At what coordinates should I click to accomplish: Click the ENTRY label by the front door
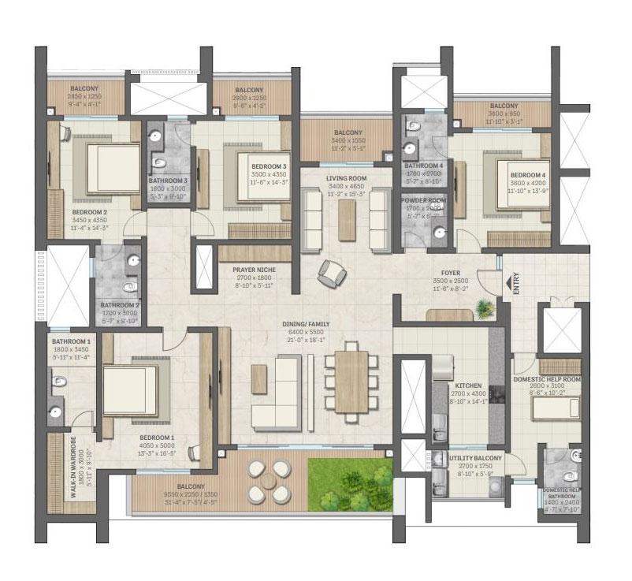[517, 285]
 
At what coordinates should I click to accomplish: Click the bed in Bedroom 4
[516, 181]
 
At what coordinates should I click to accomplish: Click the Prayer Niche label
[252, 270]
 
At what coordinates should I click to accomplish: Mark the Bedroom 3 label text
[269, 167]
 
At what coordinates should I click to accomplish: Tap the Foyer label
[452, 273]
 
